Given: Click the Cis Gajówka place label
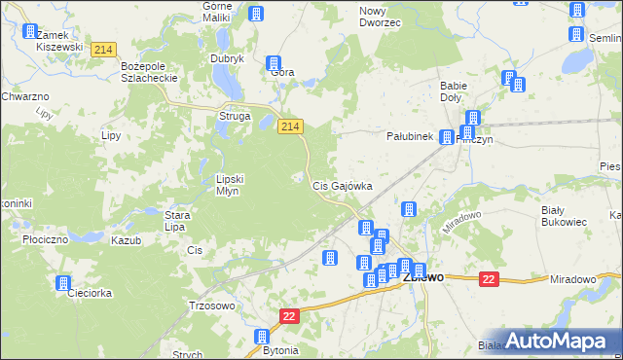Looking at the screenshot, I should pos(342,185).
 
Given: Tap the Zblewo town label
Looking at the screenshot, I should pos(426,276).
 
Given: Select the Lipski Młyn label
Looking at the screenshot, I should pos(235,185).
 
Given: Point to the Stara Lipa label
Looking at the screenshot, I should pos(175,220).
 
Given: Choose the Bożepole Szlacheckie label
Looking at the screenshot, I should pos(147,72).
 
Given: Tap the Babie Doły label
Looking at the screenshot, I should pos(454,91).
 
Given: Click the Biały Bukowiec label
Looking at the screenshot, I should pos(564,215).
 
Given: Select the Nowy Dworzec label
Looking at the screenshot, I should pos(380,16).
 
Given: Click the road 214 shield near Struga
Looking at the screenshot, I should pos(290,126).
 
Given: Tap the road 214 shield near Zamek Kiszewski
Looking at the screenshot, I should pos(103,49).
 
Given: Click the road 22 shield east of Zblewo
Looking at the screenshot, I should pos(489,279).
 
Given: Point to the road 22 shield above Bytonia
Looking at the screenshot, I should pos(289,316).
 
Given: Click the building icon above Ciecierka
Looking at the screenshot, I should pos(64,284).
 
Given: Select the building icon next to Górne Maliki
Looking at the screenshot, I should pos(256,14).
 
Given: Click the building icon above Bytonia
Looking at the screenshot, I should pos(262,337).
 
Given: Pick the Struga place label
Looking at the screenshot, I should pos(235,117).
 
